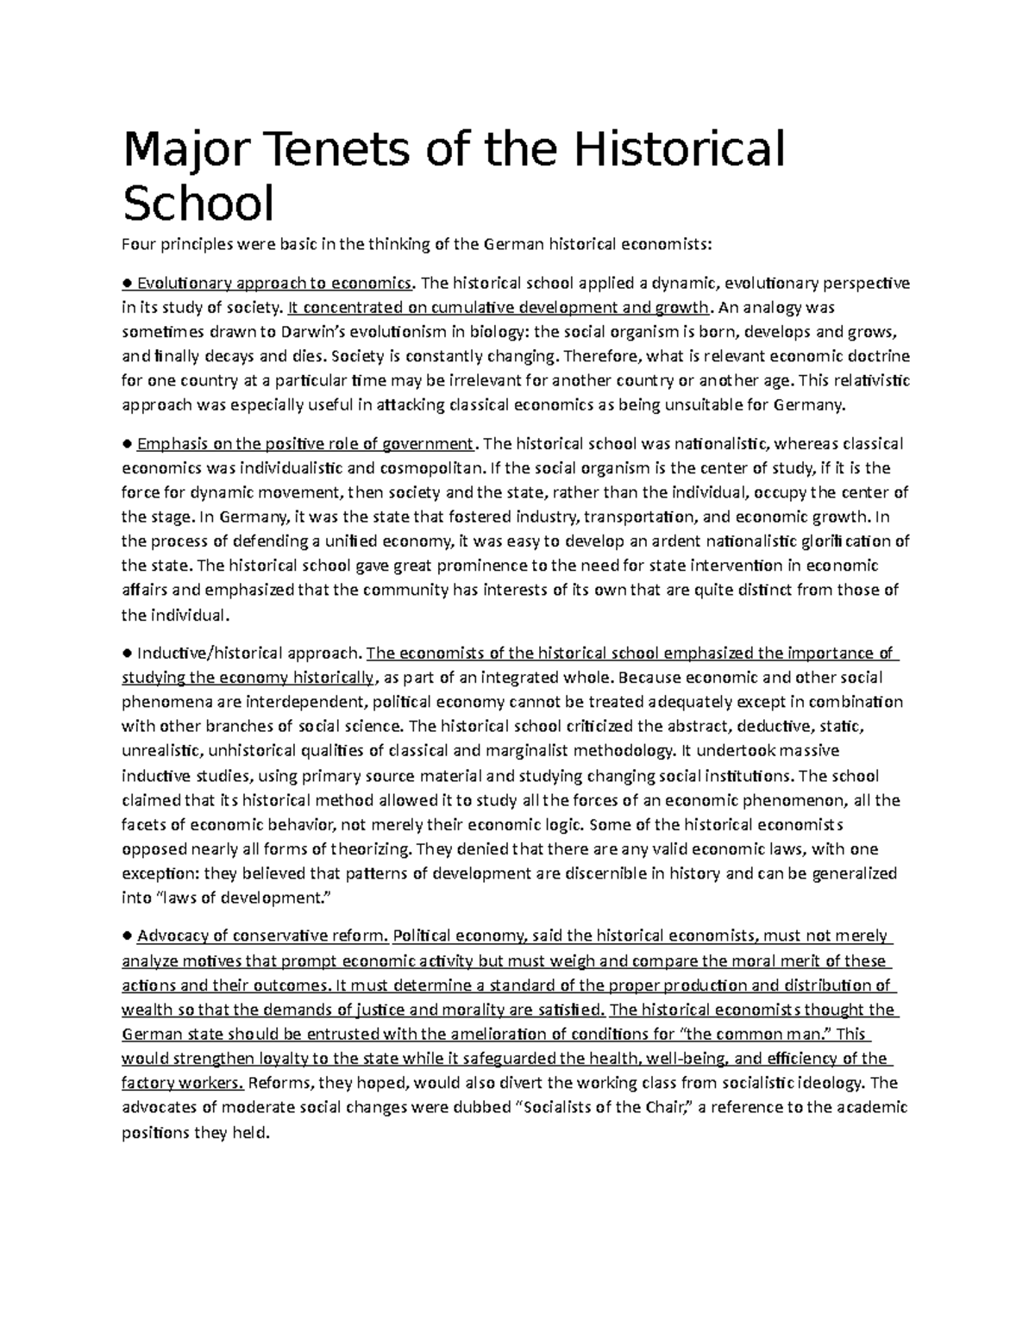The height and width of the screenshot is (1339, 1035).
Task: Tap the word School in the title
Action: point(198,204)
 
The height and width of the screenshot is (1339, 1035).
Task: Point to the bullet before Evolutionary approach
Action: point(127,284)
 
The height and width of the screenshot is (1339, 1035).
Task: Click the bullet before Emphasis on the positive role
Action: point(127,445)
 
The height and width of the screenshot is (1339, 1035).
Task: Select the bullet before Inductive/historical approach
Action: point(127,654)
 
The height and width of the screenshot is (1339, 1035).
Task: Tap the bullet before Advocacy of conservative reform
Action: point(127,936)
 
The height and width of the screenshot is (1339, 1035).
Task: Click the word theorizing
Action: point(363,849)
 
